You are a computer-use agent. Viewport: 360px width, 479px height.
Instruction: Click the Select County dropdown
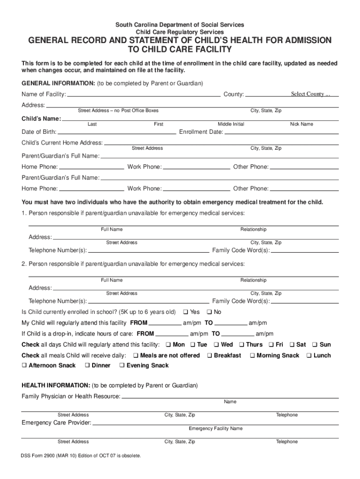(x=310, y=94)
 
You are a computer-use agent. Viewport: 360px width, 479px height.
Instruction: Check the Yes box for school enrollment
(x=186, y=312)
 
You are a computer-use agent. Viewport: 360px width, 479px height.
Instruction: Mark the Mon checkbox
(x=168, y=345)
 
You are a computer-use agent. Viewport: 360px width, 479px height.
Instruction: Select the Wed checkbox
(x=216, y=345)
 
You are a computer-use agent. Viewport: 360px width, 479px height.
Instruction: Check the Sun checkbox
(x=315, y=345)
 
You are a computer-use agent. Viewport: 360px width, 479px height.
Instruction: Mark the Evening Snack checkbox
(x=122, y=366)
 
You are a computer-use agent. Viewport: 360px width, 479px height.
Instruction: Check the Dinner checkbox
(x=87, y=366)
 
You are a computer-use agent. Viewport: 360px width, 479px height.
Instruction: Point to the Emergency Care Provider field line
(x=215, y=423)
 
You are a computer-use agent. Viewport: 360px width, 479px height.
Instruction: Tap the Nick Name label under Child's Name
(x=302, y=124)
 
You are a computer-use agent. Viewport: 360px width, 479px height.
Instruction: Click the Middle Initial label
(x=231, y=124)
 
